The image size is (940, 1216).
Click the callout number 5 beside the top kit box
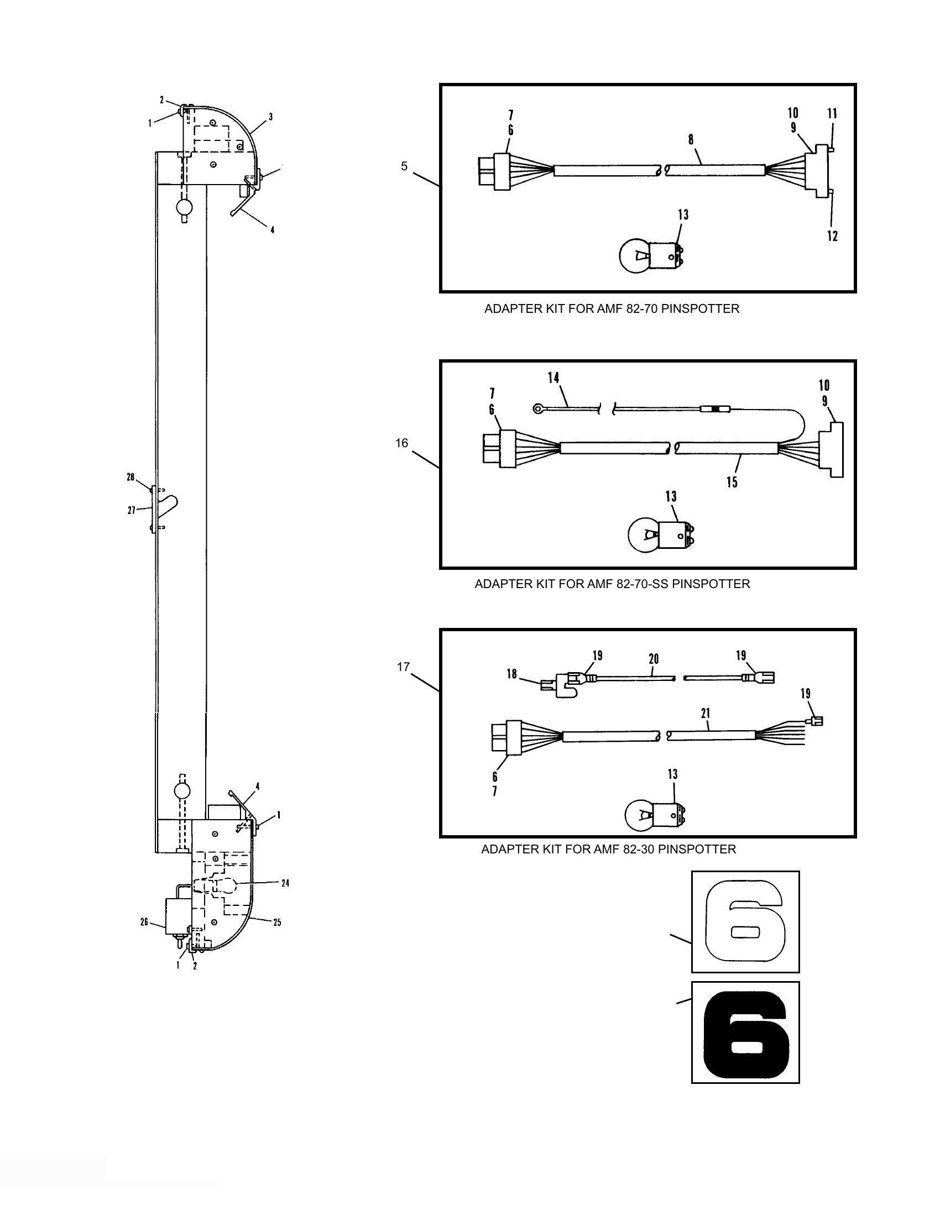404,166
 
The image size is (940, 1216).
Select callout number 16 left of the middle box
401,443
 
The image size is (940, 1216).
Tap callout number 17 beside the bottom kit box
403,667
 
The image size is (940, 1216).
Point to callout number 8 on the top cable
691,140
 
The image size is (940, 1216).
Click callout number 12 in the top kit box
832,236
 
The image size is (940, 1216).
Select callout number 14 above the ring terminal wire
553,378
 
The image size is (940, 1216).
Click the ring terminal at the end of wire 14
538,409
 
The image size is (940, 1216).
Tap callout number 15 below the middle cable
732,481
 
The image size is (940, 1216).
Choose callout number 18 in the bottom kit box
511,674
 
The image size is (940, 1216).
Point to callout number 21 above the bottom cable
706,713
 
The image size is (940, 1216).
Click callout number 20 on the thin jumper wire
654,659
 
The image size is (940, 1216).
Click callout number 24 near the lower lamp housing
285,883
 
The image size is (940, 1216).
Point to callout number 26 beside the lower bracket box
144,923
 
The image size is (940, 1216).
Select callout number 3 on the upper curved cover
270,117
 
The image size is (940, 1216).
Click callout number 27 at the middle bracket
132,510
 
